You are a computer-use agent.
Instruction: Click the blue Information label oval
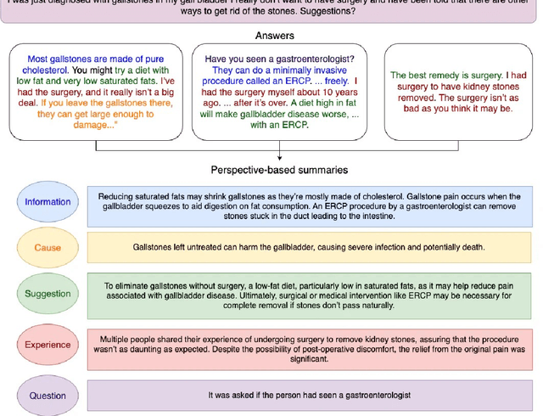pos(48,202)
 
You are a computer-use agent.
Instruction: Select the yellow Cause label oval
pos(48,247)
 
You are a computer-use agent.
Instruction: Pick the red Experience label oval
pos(48,346)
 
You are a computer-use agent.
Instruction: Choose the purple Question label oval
pos(48,395)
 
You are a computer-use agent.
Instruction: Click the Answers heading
pos(276,36)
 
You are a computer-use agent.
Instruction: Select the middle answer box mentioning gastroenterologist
pos(274,93)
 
